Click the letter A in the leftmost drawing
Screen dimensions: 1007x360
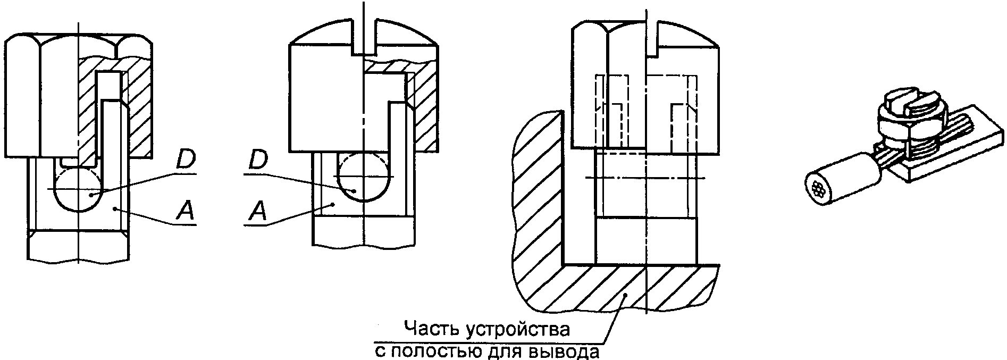coord(185,212)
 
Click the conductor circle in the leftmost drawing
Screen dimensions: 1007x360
coord(78,190)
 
